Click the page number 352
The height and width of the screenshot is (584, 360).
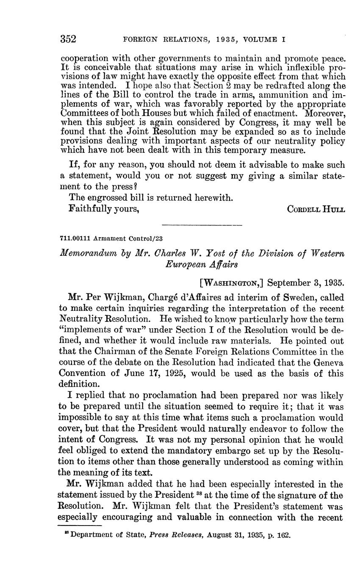click(x=68, y=39)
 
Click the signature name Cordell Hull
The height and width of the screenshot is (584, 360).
click(x=316, y=209)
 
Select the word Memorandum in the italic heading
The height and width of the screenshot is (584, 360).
click(x=85, y=253)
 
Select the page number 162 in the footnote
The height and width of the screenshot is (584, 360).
click(x=284, y=535)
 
